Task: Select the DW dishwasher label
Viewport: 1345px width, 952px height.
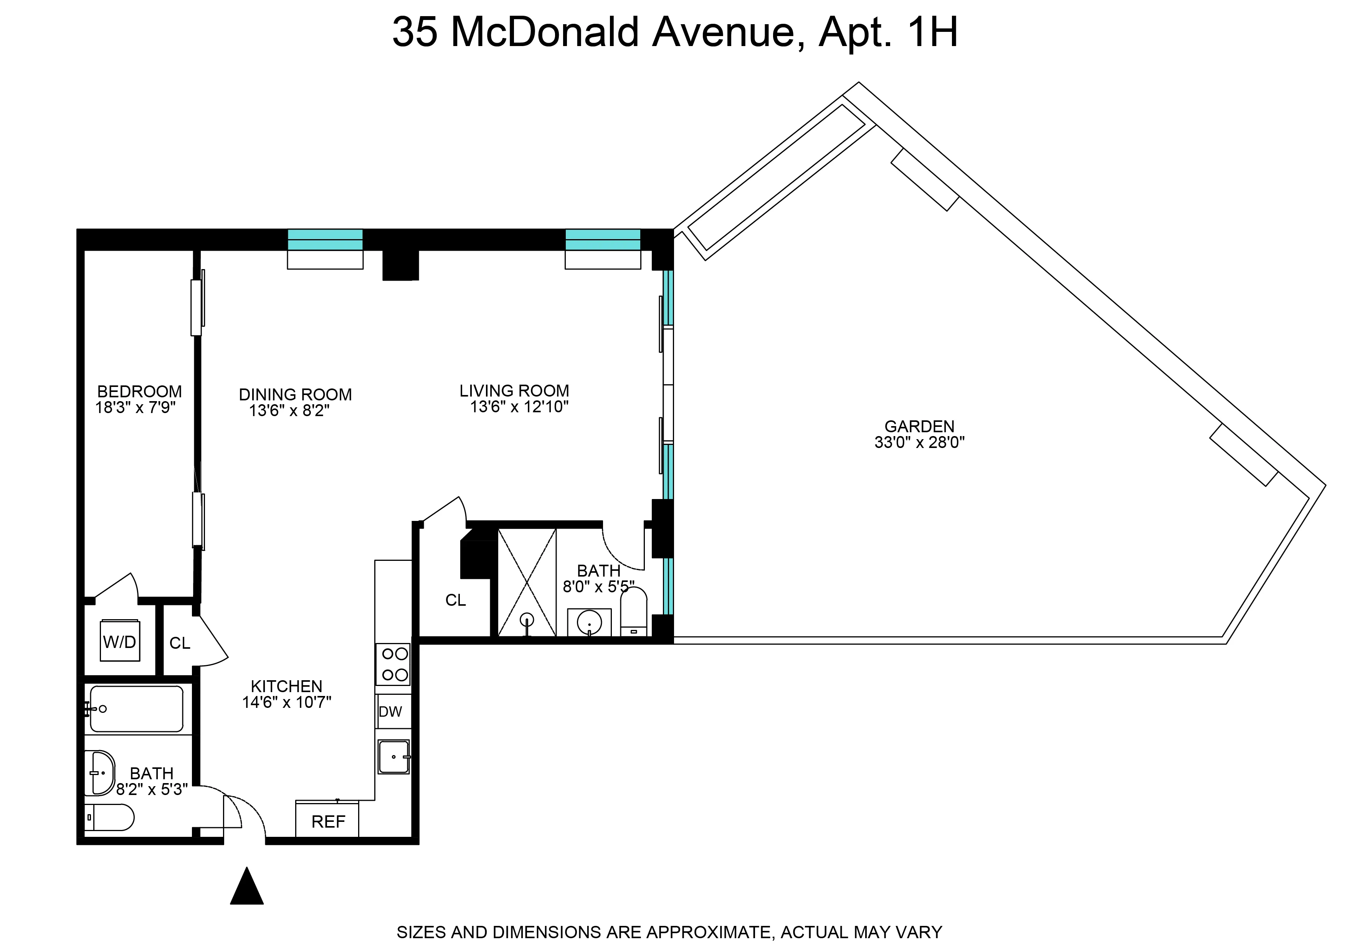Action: pyautogui.click(x=390, y=712)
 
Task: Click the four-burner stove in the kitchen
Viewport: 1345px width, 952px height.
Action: pyautogui.click(x=393, y=664)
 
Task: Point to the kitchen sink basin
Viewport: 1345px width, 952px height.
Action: pyautogui.click(x=393, y=757)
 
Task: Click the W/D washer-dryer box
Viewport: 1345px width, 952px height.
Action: pyautogui.click(x=119, y=641)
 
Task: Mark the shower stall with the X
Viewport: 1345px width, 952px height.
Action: pyautogui.click(x=526, y=582)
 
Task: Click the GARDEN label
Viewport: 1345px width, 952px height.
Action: pyautogui.click(x=919, y=426)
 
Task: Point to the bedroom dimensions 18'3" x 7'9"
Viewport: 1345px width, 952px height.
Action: pyautogui.click(x=135, y=407)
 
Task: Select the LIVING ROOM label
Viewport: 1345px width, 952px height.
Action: pyautogui.click(x=514, y=390)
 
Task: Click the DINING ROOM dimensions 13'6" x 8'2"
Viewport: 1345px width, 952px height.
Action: pyautogui.click(x=289, y=410)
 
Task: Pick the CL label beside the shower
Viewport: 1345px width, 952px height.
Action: pyautogui.click(x=455, y=600)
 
